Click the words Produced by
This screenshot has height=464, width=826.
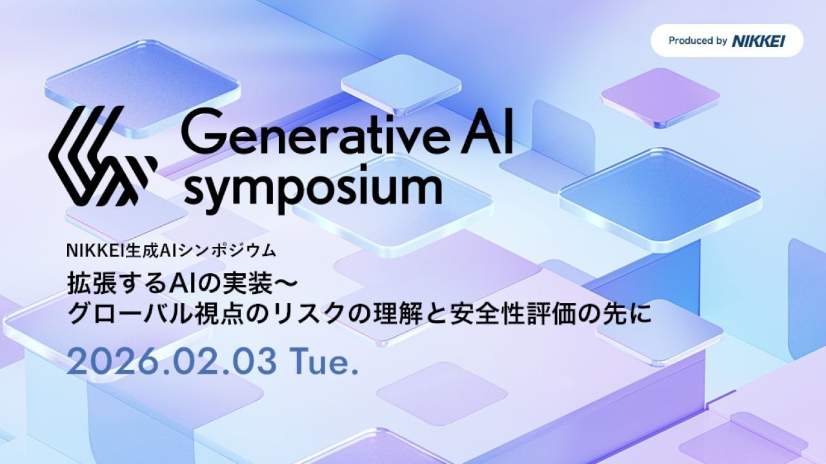698,41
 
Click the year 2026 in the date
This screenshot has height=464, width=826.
103,363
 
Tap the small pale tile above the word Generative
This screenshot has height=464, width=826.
400,82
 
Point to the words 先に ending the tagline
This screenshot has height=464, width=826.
632,314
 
